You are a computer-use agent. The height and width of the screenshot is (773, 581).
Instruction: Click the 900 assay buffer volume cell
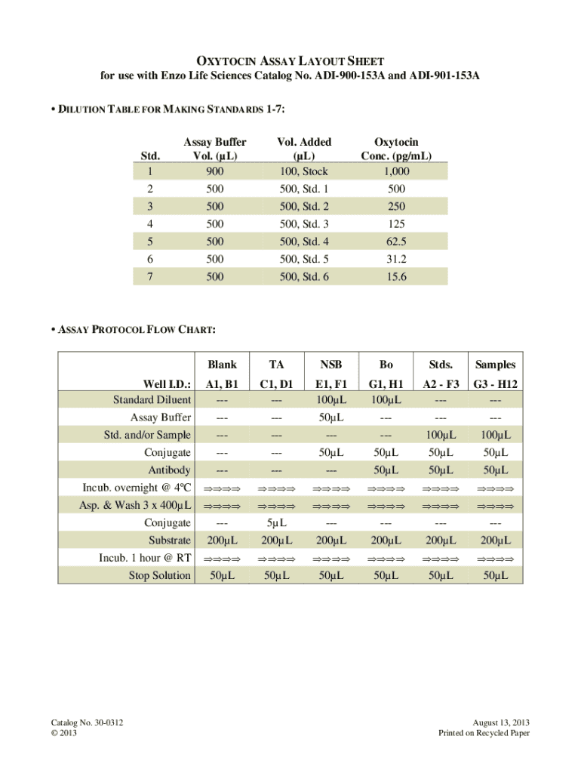tap(215, 171)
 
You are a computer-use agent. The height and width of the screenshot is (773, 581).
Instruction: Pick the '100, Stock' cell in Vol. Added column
tap(304, 171)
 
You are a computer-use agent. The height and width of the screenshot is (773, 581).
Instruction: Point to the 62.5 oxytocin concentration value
tap(396, 242)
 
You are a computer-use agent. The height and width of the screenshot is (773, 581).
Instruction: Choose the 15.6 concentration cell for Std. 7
tap(396, 277)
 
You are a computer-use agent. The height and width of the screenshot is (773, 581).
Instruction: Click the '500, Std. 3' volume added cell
tap(304, 223)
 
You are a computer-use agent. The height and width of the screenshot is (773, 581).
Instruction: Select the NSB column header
tap(331, 364)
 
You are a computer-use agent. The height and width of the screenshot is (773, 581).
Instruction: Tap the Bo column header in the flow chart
tap(386, 364)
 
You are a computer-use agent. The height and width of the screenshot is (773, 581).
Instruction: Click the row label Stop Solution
tap(161, 575)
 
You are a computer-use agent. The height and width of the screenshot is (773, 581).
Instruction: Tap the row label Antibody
tap(169, 470)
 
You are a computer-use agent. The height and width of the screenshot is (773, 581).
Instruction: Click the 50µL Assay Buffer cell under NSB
tap(331, 417)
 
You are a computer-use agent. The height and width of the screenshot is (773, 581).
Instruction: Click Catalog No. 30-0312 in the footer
tap(83, 723)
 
